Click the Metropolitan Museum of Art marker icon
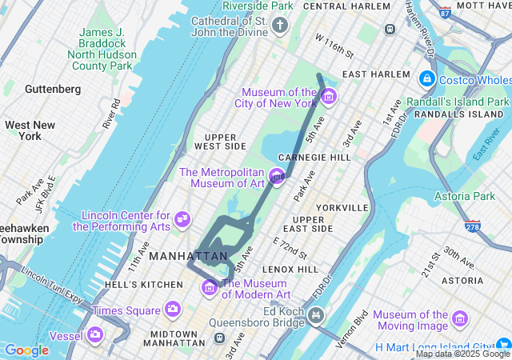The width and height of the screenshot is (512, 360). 278,176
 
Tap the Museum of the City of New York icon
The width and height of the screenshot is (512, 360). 329,97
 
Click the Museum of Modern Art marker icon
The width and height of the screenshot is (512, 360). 210,286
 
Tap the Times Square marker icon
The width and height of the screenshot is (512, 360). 173,309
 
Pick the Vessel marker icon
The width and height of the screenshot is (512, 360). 96,334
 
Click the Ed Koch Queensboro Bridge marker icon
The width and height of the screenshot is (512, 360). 317,316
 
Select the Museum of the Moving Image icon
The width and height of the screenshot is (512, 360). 460,319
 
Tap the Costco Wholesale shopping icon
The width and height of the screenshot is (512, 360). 426,79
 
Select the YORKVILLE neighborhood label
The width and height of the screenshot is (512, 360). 342,207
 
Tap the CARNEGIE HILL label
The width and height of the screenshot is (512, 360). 314,158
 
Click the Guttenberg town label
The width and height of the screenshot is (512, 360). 52,89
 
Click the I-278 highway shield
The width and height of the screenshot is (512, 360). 472,228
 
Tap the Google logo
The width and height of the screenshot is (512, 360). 26,350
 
